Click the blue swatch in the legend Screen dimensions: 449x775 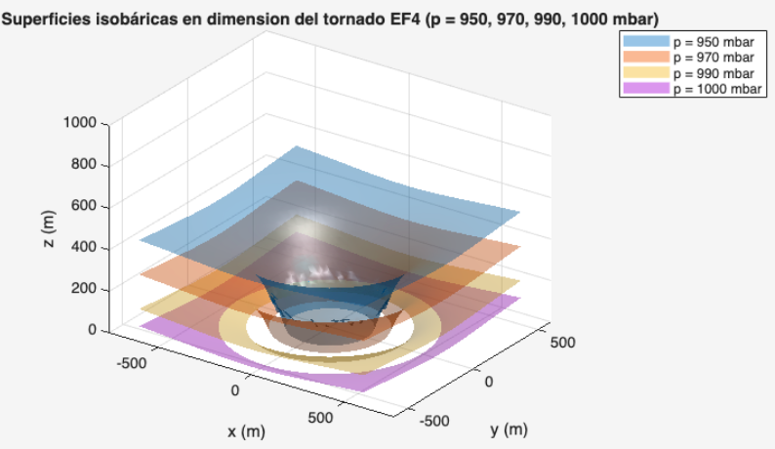[646, 44]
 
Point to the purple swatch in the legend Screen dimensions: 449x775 [646, 89]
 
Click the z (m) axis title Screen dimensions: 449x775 [49, 229]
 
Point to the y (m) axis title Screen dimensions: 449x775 [508, 429]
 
